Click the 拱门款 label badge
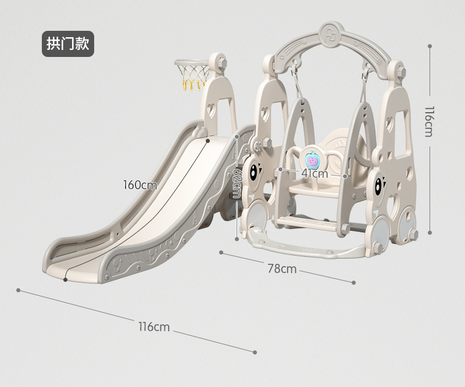tap(67, 44)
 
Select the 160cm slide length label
tap(139, 185)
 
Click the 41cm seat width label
tap(314, 173)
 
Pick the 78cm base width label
tap(282, 268)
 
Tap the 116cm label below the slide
tap(154, 327)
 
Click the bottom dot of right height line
tap(430, 232)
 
